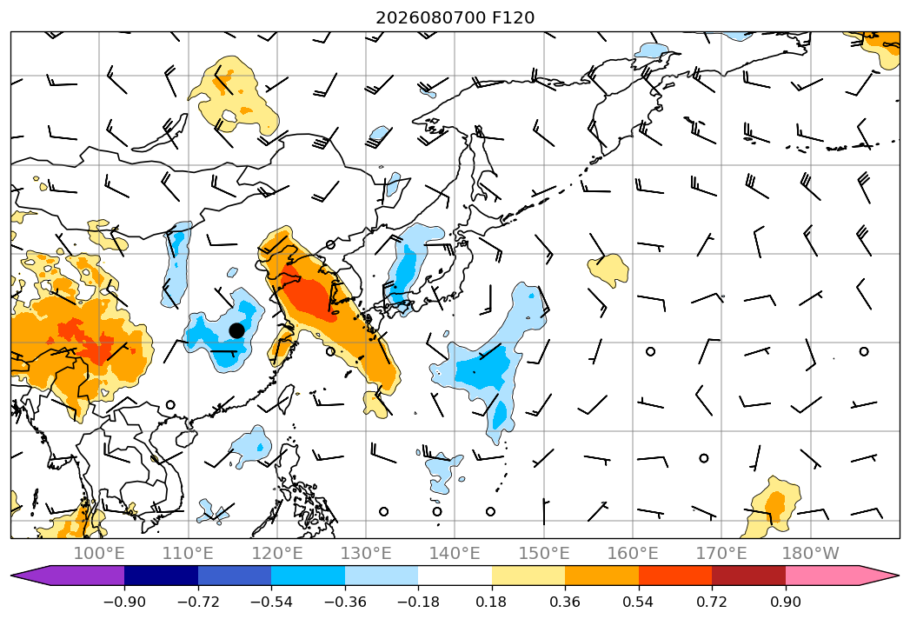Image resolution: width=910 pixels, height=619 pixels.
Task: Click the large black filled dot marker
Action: [236, 330]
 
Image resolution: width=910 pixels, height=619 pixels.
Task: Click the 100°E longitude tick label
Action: [99, 554]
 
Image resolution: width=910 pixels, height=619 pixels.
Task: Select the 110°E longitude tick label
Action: [188, 554]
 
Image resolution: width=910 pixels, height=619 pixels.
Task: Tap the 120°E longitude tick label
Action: [277, 554]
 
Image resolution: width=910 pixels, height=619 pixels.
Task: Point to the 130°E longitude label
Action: [366, 554]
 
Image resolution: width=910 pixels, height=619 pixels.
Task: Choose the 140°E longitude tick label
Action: [455, 554]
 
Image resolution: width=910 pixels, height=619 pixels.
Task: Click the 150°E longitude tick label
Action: [544, 554]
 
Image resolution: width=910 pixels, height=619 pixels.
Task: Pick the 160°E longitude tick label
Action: [633, 554]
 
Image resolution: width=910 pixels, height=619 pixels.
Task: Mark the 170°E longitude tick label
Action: [721, 554]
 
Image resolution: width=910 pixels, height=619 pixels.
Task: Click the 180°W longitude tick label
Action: [811, 554]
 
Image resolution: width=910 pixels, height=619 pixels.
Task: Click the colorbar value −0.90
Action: [124, 602]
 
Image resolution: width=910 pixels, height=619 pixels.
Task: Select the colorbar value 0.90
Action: [786, 602]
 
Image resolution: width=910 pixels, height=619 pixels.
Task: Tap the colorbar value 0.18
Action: [492, 602]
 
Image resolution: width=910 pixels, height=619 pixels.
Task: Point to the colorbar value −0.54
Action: [271, 602]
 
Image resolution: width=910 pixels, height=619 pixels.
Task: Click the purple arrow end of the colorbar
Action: [68, 576]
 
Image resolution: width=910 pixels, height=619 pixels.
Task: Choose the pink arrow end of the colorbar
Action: [842, 576]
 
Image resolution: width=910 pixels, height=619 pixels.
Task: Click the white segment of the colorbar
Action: [455, 576]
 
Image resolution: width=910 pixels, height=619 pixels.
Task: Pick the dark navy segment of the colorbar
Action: [161, 576]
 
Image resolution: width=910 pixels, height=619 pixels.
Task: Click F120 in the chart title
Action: [513, 18]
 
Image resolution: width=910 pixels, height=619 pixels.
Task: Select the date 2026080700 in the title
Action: [430, 18]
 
